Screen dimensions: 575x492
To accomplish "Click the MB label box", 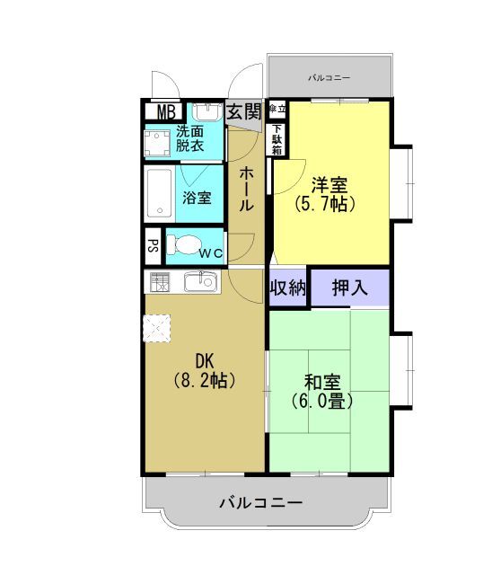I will (x=165, y=112).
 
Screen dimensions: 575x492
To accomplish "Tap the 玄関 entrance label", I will (x=243, y=111).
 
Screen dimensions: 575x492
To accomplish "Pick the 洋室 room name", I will (x=329, y=186).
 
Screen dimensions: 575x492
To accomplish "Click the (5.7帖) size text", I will (x=329, y=204).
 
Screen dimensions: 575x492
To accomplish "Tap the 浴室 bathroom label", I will (x=198, y=197).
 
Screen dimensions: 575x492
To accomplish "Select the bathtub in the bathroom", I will (x=160, y=194).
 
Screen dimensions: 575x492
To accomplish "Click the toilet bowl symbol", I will (x=186, y=244).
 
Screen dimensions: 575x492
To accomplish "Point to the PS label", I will (x=153, y=245).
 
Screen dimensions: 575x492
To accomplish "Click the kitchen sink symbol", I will (x=198, y=283).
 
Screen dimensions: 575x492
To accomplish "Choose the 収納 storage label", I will (x=287, y=288).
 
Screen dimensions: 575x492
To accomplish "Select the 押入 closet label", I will (x=349, y=288).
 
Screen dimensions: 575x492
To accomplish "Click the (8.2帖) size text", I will (x=204, y=380).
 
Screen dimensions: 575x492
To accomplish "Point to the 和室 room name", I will (x=321, y=382).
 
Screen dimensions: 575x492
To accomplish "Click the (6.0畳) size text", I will (x=321, y=402).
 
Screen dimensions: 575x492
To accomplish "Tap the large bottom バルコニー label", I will (x=261, y=502).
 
